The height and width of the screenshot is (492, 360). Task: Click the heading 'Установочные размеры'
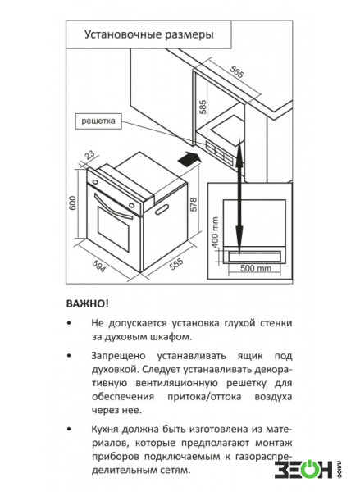(x=149, y=34)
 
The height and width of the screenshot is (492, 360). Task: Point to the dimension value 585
(x=203, y=107)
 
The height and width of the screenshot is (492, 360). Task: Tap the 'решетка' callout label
(x=98, y=121)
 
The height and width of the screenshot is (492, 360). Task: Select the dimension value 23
(x=90, y=155)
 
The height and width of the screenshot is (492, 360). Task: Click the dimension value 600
(x=72, y=203)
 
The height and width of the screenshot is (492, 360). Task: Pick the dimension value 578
(x=194, y=204)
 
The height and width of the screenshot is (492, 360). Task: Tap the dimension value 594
(x=99, y=266)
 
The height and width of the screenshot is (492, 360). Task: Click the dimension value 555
(x=176, y=264)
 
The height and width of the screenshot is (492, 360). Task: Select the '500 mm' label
(x=256, y=268)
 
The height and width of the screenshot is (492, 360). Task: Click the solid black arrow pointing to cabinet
(x=189, y=158)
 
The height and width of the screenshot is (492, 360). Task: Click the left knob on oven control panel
(x=94, y=181)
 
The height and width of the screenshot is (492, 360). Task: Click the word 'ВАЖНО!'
(x=88, y=303)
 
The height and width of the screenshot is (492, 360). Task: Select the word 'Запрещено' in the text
(x=118, y=356)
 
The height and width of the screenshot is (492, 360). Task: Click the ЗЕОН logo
(x=308, y=469)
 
